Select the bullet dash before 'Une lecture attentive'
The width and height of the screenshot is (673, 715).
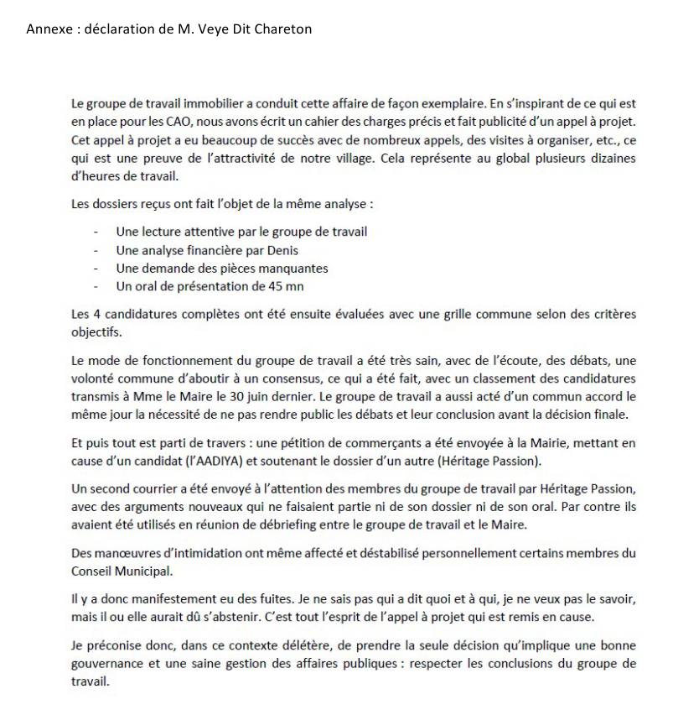[99, 232]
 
